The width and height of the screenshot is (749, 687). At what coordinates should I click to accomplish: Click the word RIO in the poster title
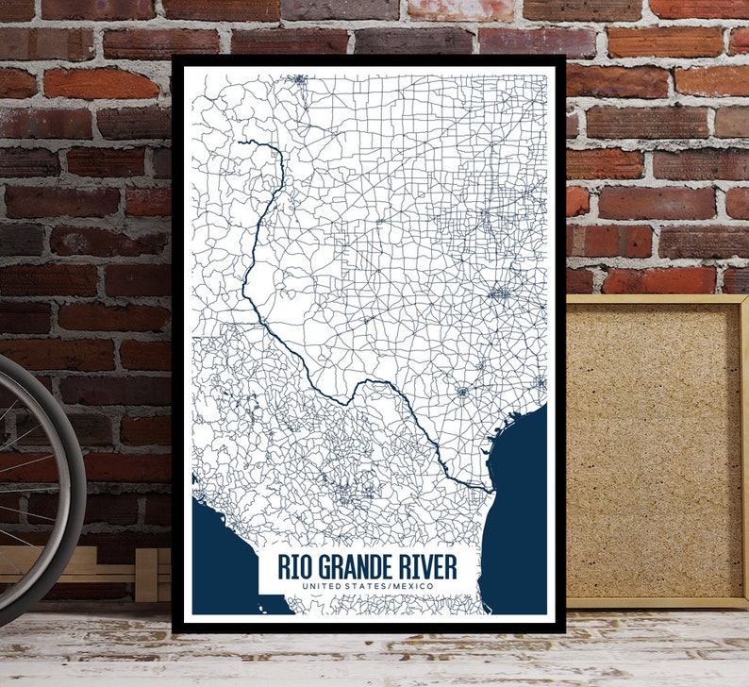point(295,567)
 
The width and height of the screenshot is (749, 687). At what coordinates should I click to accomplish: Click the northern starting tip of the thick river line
point(241,142)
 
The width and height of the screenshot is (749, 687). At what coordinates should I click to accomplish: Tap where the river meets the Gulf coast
point(491,491)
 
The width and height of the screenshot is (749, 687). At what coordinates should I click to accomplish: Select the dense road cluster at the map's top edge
point(299,79)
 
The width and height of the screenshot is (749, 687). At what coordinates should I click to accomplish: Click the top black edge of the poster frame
point(368,60)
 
